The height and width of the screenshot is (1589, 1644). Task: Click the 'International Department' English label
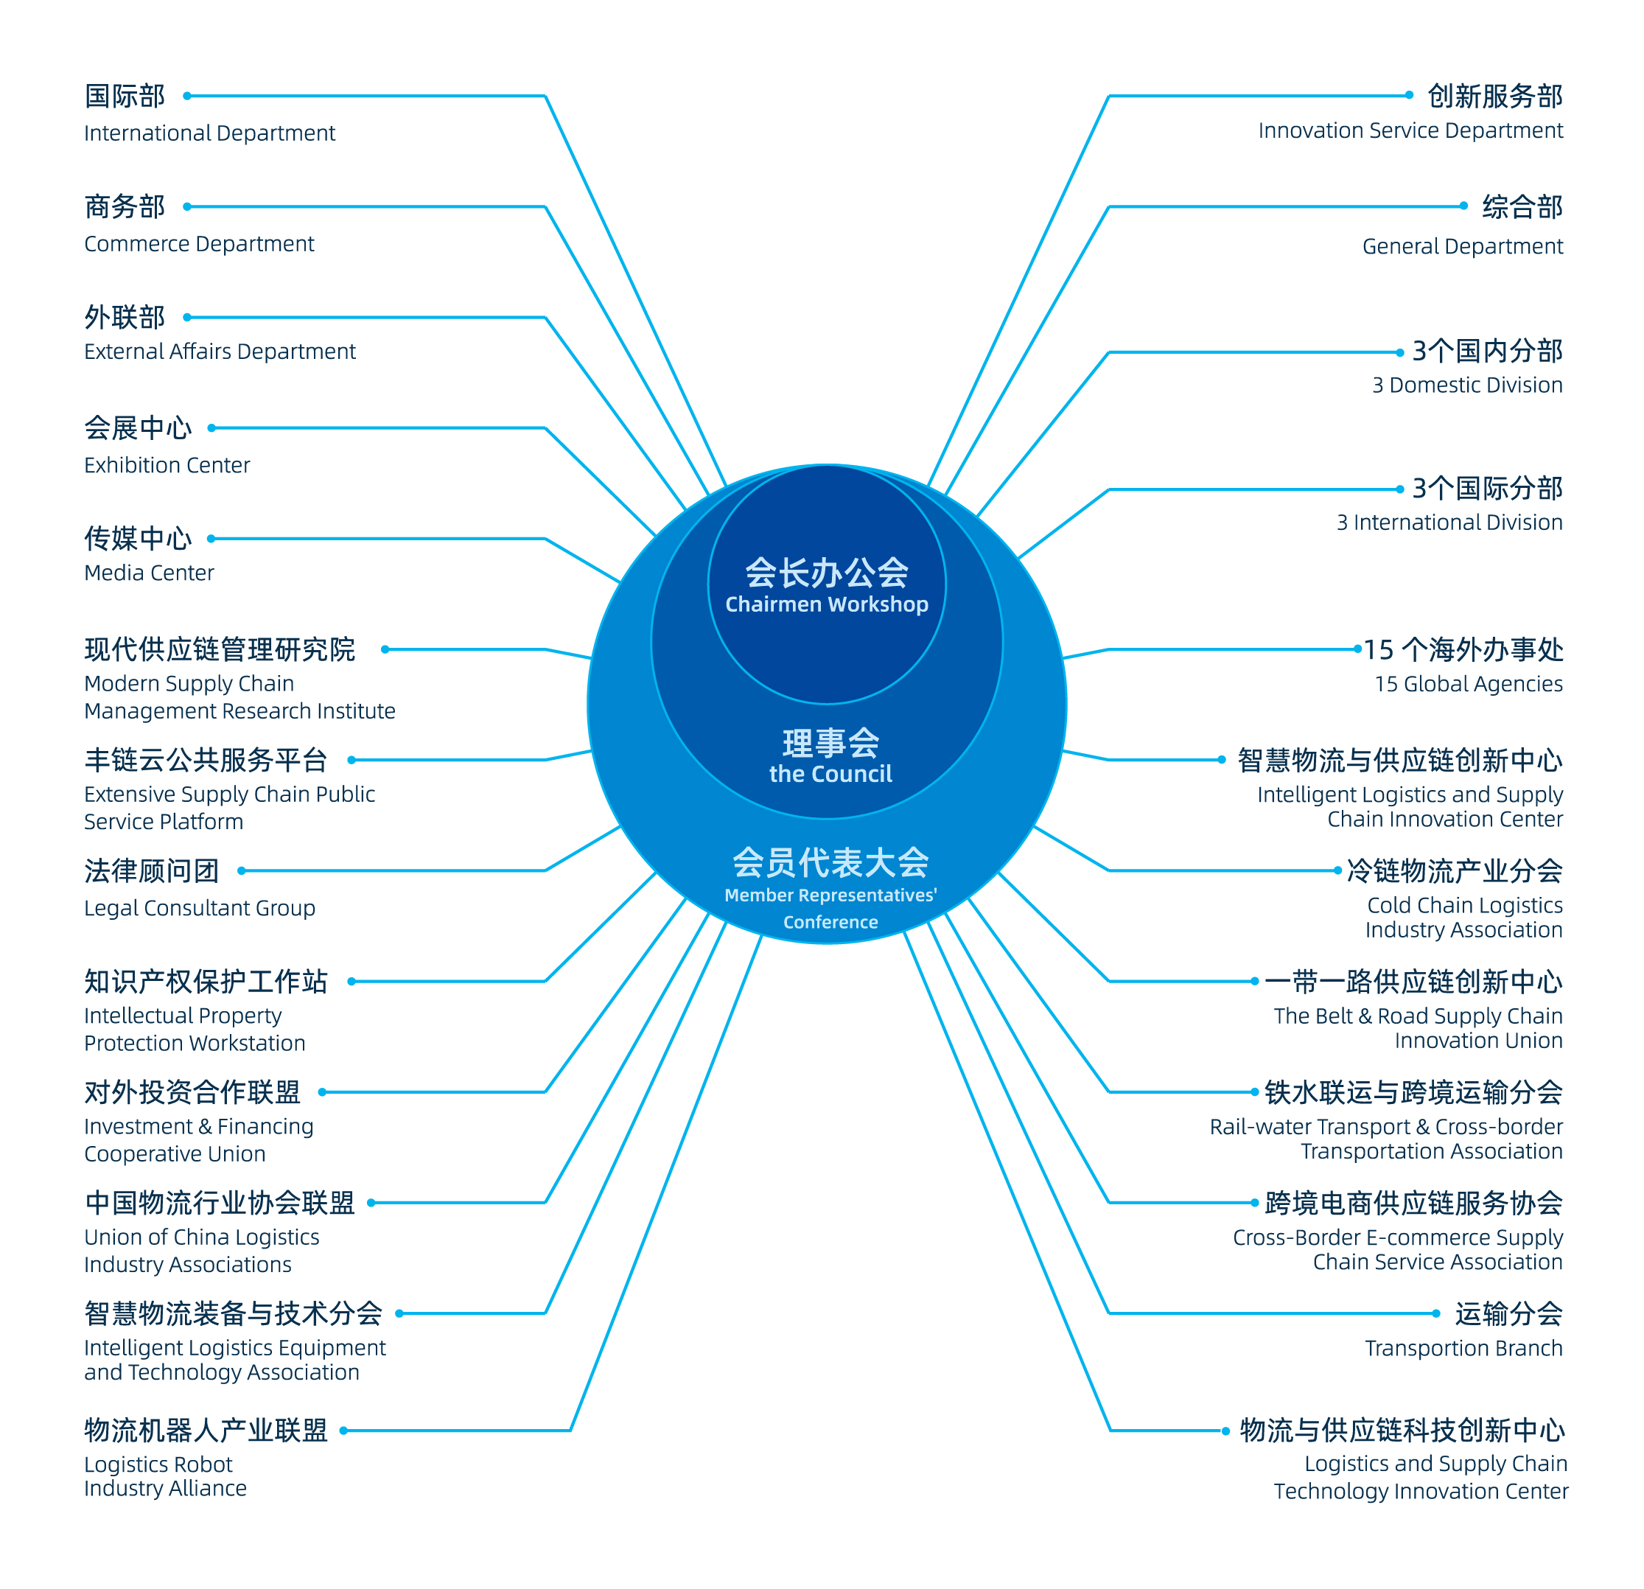point(210,133)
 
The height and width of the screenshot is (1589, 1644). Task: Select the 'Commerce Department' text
point(200,244)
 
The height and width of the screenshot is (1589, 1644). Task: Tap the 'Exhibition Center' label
point(167,466)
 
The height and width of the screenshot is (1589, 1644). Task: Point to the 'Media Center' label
point(150,573)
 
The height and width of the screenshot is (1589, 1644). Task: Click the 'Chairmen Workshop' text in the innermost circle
point(827,605)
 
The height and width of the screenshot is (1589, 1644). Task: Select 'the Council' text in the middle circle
point(830,775)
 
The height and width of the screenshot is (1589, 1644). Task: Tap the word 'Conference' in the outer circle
point(830,922)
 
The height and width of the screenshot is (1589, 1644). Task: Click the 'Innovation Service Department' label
point(1411,131)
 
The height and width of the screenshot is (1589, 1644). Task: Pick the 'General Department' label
point(1463,247)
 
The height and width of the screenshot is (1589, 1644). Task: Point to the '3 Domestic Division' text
point(1468,385)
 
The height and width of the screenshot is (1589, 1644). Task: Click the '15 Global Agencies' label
point(1469,684)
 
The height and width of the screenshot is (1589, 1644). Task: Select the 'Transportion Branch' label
point(1463,1348)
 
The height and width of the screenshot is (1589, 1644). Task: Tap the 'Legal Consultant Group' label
point(200,909)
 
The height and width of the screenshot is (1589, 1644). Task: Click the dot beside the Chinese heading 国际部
point(187,97)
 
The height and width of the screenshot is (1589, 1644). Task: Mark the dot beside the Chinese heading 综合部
point(1463,206)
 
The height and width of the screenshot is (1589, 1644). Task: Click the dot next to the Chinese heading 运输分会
point(1436,1314)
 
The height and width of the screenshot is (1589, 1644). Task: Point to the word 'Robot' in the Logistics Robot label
point(206,1465)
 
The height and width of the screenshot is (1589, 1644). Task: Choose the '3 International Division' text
point(1449,523)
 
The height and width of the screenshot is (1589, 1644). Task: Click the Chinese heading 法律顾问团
point(152,871)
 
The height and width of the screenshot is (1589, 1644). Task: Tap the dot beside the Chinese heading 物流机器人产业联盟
point(344,1431)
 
